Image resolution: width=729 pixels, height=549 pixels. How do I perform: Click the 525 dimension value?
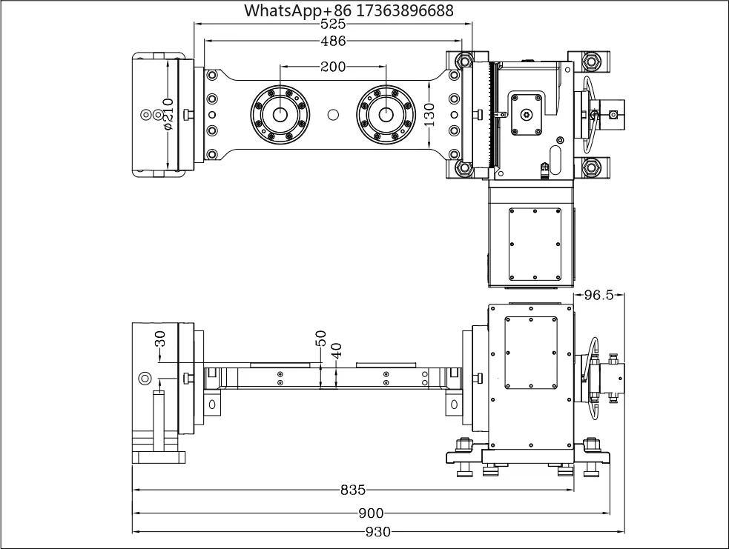[x=333, y=24]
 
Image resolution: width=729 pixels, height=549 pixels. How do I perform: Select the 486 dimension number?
[x=333, y=41]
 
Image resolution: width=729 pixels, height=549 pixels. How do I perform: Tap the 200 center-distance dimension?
[x=333, y=67]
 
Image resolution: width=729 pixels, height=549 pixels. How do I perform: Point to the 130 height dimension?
[x=429, y=114]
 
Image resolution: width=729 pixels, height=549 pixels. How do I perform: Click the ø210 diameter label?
[x=168, y=114]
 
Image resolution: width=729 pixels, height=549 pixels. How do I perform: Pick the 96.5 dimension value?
[x=598, y=295]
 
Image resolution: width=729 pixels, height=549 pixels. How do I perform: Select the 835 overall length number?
[x=353, y=490]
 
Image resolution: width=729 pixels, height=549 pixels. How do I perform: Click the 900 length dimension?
[x=371, y=513]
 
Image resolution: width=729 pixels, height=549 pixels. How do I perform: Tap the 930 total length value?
[x=378, y=532]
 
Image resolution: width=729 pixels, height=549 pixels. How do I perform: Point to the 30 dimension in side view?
[x=160, y=339]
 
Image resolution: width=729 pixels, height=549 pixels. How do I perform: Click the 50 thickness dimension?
[x=321, y=338]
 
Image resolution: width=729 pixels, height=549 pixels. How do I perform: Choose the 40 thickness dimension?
[x=337, y=350]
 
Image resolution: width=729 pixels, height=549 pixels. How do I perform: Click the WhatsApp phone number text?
[x=349, y=10]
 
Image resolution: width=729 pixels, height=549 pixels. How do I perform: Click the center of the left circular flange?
[x=280, y=114]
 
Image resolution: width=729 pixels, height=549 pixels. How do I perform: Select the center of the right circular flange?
[x=386, y=114]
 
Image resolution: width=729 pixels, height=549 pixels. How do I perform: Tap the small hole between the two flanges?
[x=333, y=114]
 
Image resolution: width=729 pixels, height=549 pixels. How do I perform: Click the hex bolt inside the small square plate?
[x=527, y=114]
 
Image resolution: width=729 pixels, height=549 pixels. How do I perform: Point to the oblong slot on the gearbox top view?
[x=555, y=160]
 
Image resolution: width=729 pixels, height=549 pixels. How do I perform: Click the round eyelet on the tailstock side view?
[x=145, y=379]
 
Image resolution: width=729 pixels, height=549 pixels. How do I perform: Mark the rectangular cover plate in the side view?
[x=531, y=353]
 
